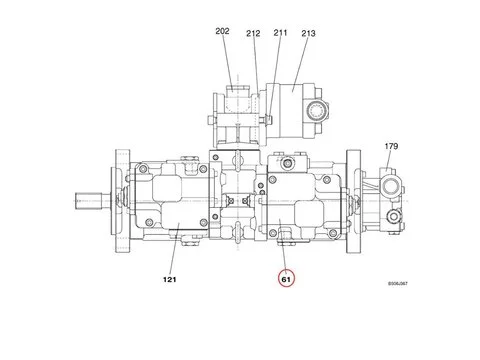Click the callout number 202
point(222,32)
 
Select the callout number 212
point(253,33)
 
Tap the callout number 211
point(280,33)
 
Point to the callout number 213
point(307,33)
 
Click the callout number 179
point(392,147)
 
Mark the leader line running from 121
point(177,255)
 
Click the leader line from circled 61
point(287,255)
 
